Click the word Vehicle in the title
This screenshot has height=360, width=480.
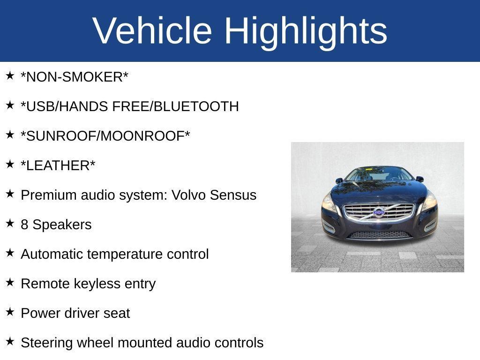[152, 30]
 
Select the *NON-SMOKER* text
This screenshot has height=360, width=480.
[75, 77]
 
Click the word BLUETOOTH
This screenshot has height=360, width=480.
[196, 107]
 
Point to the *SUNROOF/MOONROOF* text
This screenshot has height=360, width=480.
[105, 136]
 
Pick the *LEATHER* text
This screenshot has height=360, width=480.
[58, 166]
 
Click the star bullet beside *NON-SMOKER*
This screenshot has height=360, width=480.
[10, 75]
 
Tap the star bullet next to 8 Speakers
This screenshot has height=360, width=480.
[10, 223]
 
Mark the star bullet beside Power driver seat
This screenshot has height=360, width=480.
[10, 312]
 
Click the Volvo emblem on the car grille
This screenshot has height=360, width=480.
[379, 212]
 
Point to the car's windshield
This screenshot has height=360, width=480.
[379, 175]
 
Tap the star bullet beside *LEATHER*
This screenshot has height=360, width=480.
[10, 164]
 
